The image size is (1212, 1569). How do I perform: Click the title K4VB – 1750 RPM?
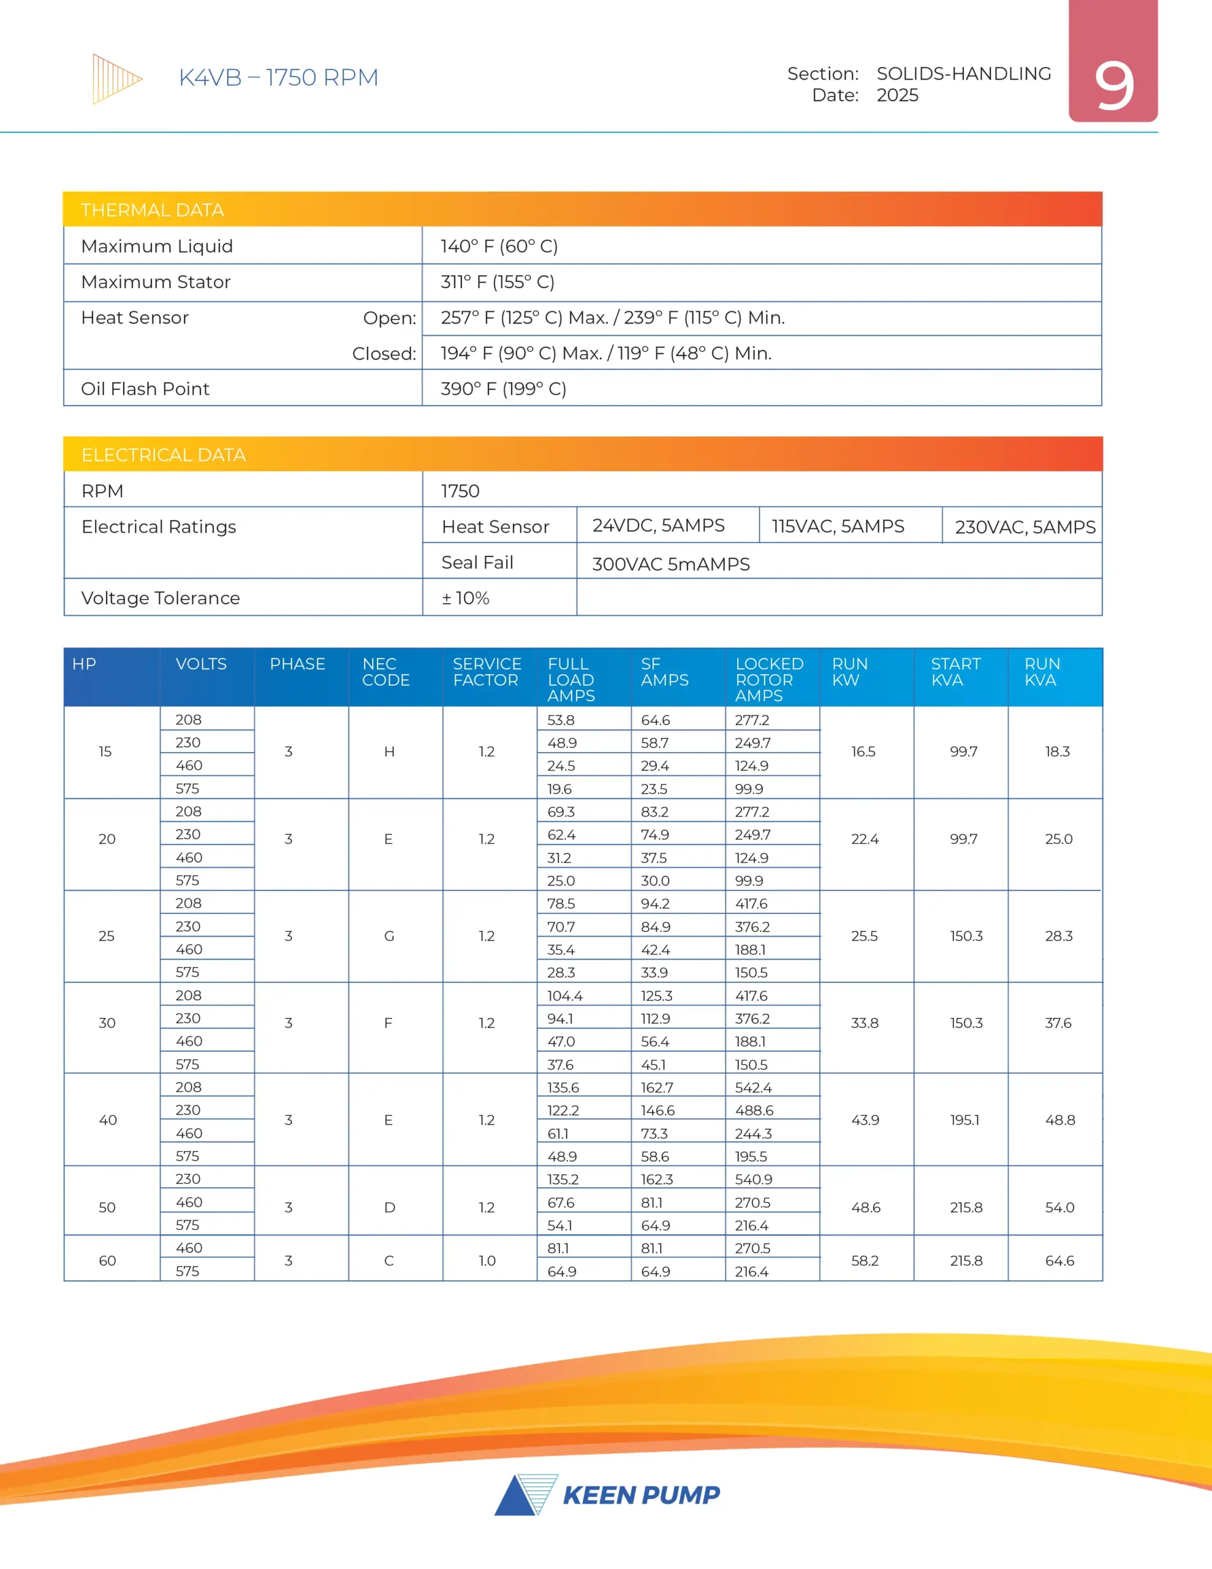(x=278, y=78)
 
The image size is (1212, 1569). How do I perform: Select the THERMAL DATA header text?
(x=153, y=210)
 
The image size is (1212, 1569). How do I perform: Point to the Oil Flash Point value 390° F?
(x=503, y=389)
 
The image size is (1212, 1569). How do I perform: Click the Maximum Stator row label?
(x=156, y=281)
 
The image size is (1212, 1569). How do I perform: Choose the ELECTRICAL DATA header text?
(x=163, y=455)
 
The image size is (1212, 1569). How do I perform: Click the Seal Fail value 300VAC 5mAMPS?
(x=670, y=564)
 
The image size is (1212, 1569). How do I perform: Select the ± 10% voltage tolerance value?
(x=466, y=598)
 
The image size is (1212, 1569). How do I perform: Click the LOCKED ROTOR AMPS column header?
(x=769, y=679)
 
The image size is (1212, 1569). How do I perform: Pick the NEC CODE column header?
(x=386, y=672)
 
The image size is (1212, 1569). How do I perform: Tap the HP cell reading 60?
(x=107, y=1261)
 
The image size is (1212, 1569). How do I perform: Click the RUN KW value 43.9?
(x=865, y=1120)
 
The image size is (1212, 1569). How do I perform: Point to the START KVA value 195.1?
(x=964, y=1120)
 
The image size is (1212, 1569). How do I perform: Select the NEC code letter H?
(x=389, y=751)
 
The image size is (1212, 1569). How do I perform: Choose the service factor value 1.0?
(x=487, y=1261)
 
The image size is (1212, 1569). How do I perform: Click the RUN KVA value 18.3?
(x=1058, y=751)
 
